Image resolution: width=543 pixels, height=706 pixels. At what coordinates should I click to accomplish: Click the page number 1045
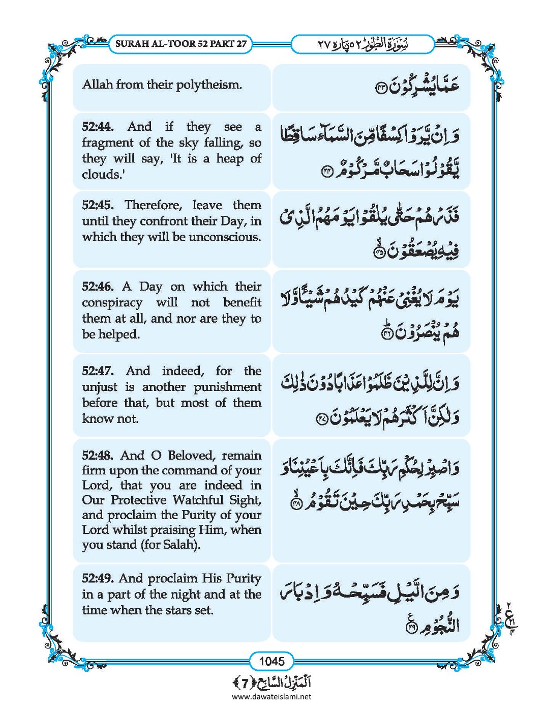pos(271,661)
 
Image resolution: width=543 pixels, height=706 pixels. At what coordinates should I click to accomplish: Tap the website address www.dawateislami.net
pos(271,697)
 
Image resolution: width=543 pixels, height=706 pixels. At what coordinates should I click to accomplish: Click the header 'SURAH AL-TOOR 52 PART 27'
pos(181,44)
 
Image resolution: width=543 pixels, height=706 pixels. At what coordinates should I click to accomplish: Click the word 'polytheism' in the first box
pos(209,85)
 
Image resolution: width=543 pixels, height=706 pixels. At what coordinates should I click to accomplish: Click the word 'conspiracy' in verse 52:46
pos(112,303)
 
